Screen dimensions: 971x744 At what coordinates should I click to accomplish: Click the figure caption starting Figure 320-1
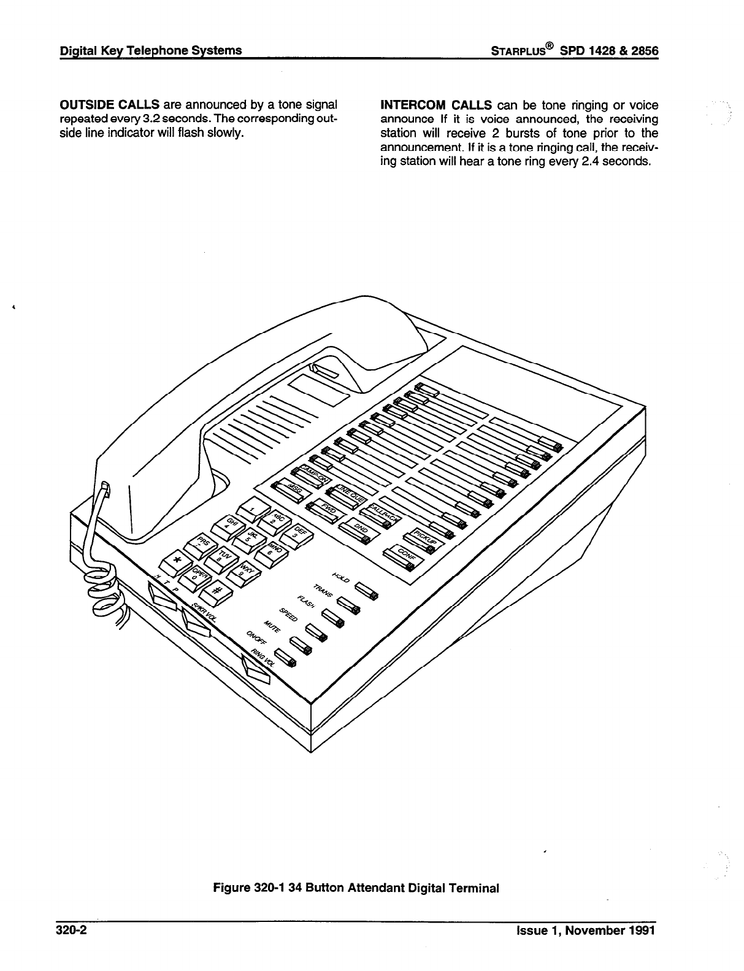coord(356,888)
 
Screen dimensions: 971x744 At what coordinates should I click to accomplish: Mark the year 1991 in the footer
coord(642,931)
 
